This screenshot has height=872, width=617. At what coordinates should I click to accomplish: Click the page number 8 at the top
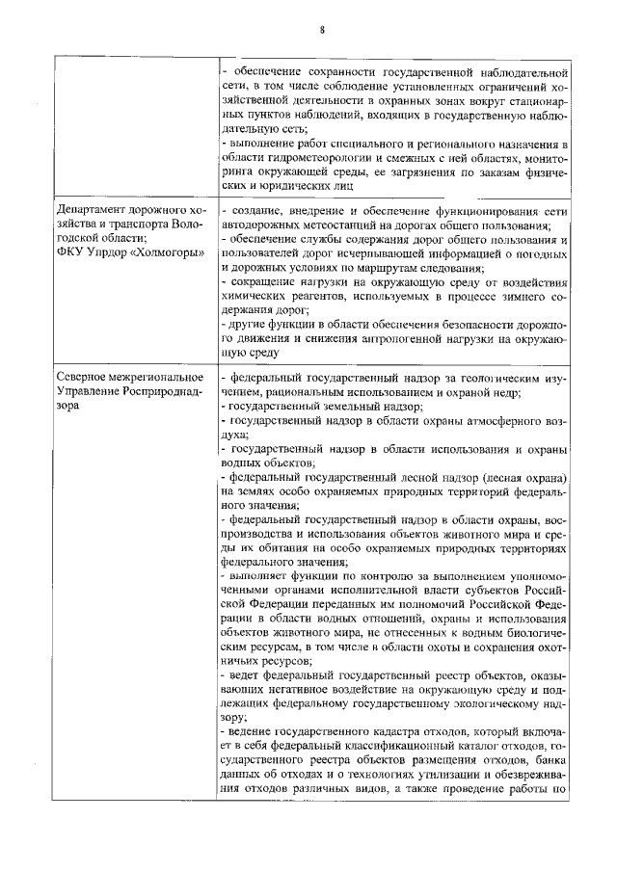coord(323,31)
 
